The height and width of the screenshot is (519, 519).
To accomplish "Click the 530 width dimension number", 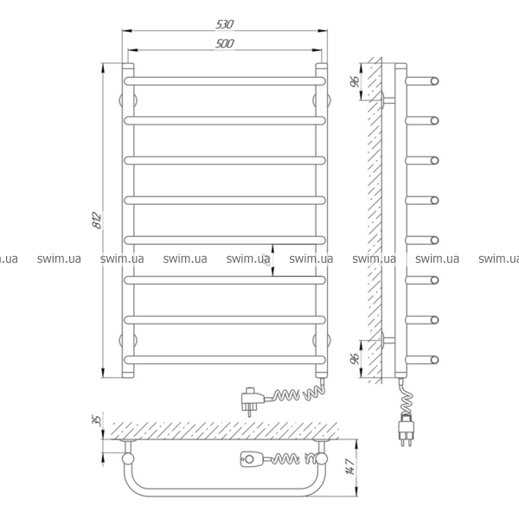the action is [225, 24].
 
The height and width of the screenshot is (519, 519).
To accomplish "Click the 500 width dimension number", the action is [225, 43].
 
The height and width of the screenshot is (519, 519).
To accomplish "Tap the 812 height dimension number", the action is [97, 220].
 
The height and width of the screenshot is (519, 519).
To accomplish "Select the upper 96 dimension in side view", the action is [355, 81].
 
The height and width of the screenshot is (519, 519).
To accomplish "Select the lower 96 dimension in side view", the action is [355, 358].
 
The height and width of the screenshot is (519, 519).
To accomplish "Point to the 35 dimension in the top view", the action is [97, 420].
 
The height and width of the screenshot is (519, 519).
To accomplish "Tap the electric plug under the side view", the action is [407, 429].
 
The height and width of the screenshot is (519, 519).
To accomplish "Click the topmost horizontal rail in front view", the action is [225, 81].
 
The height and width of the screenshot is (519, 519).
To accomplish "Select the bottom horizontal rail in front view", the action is [225, 360].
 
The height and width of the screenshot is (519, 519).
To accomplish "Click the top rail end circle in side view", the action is [434, 81].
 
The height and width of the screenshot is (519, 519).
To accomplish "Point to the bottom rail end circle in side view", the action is [434, 360].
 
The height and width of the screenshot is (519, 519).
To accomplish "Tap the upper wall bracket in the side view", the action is [388, 100].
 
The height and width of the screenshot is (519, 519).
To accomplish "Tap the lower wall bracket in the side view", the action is [388, 340].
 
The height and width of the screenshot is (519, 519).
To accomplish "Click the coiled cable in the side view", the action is [407, 397].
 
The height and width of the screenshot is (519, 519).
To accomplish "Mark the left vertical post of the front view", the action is [128, 221].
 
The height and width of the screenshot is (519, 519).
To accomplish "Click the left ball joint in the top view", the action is [128, 458].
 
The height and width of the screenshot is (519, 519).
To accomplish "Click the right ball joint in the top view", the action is [321, 458].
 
